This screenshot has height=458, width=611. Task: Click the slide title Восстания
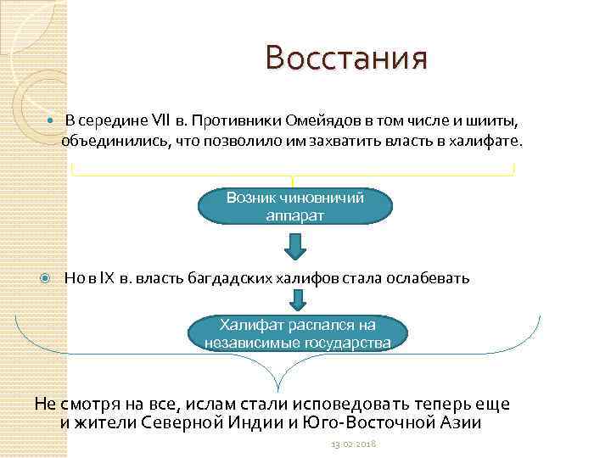pos(345,59)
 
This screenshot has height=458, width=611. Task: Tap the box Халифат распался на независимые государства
pos(298,333)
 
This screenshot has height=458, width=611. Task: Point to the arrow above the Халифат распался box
pos(298,299)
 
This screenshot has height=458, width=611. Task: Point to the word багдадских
pos(233,278)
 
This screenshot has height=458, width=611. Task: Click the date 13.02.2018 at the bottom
pos(353,444)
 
